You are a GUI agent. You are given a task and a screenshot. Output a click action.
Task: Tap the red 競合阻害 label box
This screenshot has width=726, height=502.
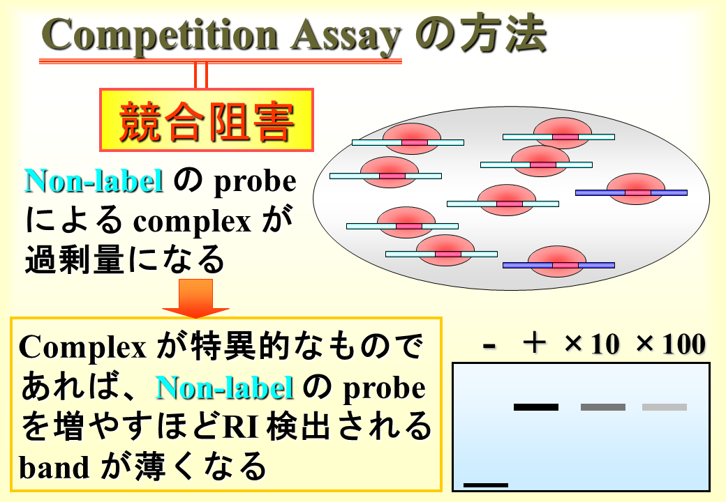point(207,120)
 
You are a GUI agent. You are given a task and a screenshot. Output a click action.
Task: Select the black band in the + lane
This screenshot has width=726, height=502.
point(536,407)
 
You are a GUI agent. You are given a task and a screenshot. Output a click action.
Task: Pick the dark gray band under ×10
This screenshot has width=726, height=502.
point(603,407)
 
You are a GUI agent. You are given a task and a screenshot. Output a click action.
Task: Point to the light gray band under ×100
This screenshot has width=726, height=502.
point(665,407)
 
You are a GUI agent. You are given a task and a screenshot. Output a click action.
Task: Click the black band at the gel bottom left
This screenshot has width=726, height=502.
point(486,485)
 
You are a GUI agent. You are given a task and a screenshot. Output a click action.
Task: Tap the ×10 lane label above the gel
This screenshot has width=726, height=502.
point(592,344)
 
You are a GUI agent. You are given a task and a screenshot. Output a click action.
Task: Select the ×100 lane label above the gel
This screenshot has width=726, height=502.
point(671,344)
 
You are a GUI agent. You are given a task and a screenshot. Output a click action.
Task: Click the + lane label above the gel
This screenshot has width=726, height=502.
point(535,344)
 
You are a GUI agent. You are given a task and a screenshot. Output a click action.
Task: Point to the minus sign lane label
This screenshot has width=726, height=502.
point(489,345)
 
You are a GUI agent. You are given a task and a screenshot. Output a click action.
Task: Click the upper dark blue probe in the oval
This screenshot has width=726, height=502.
point(631,192)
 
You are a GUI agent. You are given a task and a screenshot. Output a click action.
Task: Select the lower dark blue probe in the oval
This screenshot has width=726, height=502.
point(559,266)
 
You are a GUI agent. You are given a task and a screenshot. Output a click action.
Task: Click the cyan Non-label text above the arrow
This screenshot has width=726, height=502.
point(94,181)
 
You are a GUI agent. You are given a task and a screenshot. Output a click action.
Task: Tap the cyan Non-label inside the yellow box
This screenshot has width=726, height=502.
point(225,387)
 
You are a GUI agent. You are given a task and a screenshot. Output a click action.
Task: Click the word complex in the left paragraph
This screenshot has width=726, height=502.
point(192,222)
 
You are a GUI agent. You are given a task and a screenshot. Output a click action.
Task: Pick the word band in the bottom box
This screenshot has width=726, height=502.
point(54,467)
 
